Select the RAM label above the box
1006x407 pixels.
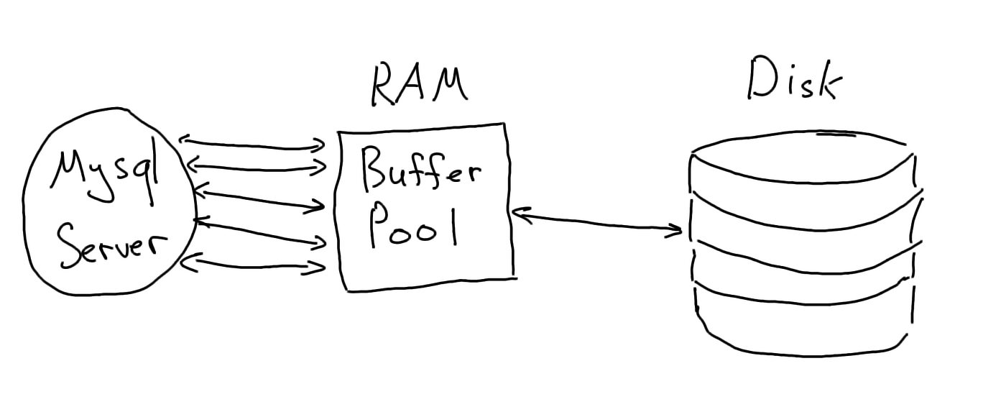pyautogui.click(x=420, y=86)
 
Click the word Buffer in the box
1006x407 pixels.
pyautogui.click(x=421, y=171)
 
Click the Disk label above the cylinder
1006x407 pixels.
pyautogui.click(x=795, y=78)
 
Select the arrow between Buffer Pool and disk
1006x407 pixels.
pyautogui.click(x=597, y=221)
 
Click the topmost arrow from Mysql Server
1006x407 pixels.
pyautogui.click(x=252, y=143)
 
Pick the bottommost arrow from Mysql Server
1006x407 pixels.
pyautogui.click(x=253, y=264)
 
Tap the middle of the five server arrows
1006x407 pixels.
pyautogui.click(x=260, y=198)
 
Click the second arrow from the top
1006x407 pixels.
pyautogui.click(x=257, y=166)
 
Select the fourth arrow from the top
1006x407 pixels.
pyautogui.click(x=259, y=233)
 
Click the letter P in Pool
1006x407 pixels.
pyautogui.click(x=379, y=224)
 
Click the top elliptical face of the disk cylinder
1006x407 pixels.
pyautogui.click(x=803, y=157)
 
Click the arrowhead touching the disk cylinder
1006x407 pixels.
pyautogui.click(x=674, y=230)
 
